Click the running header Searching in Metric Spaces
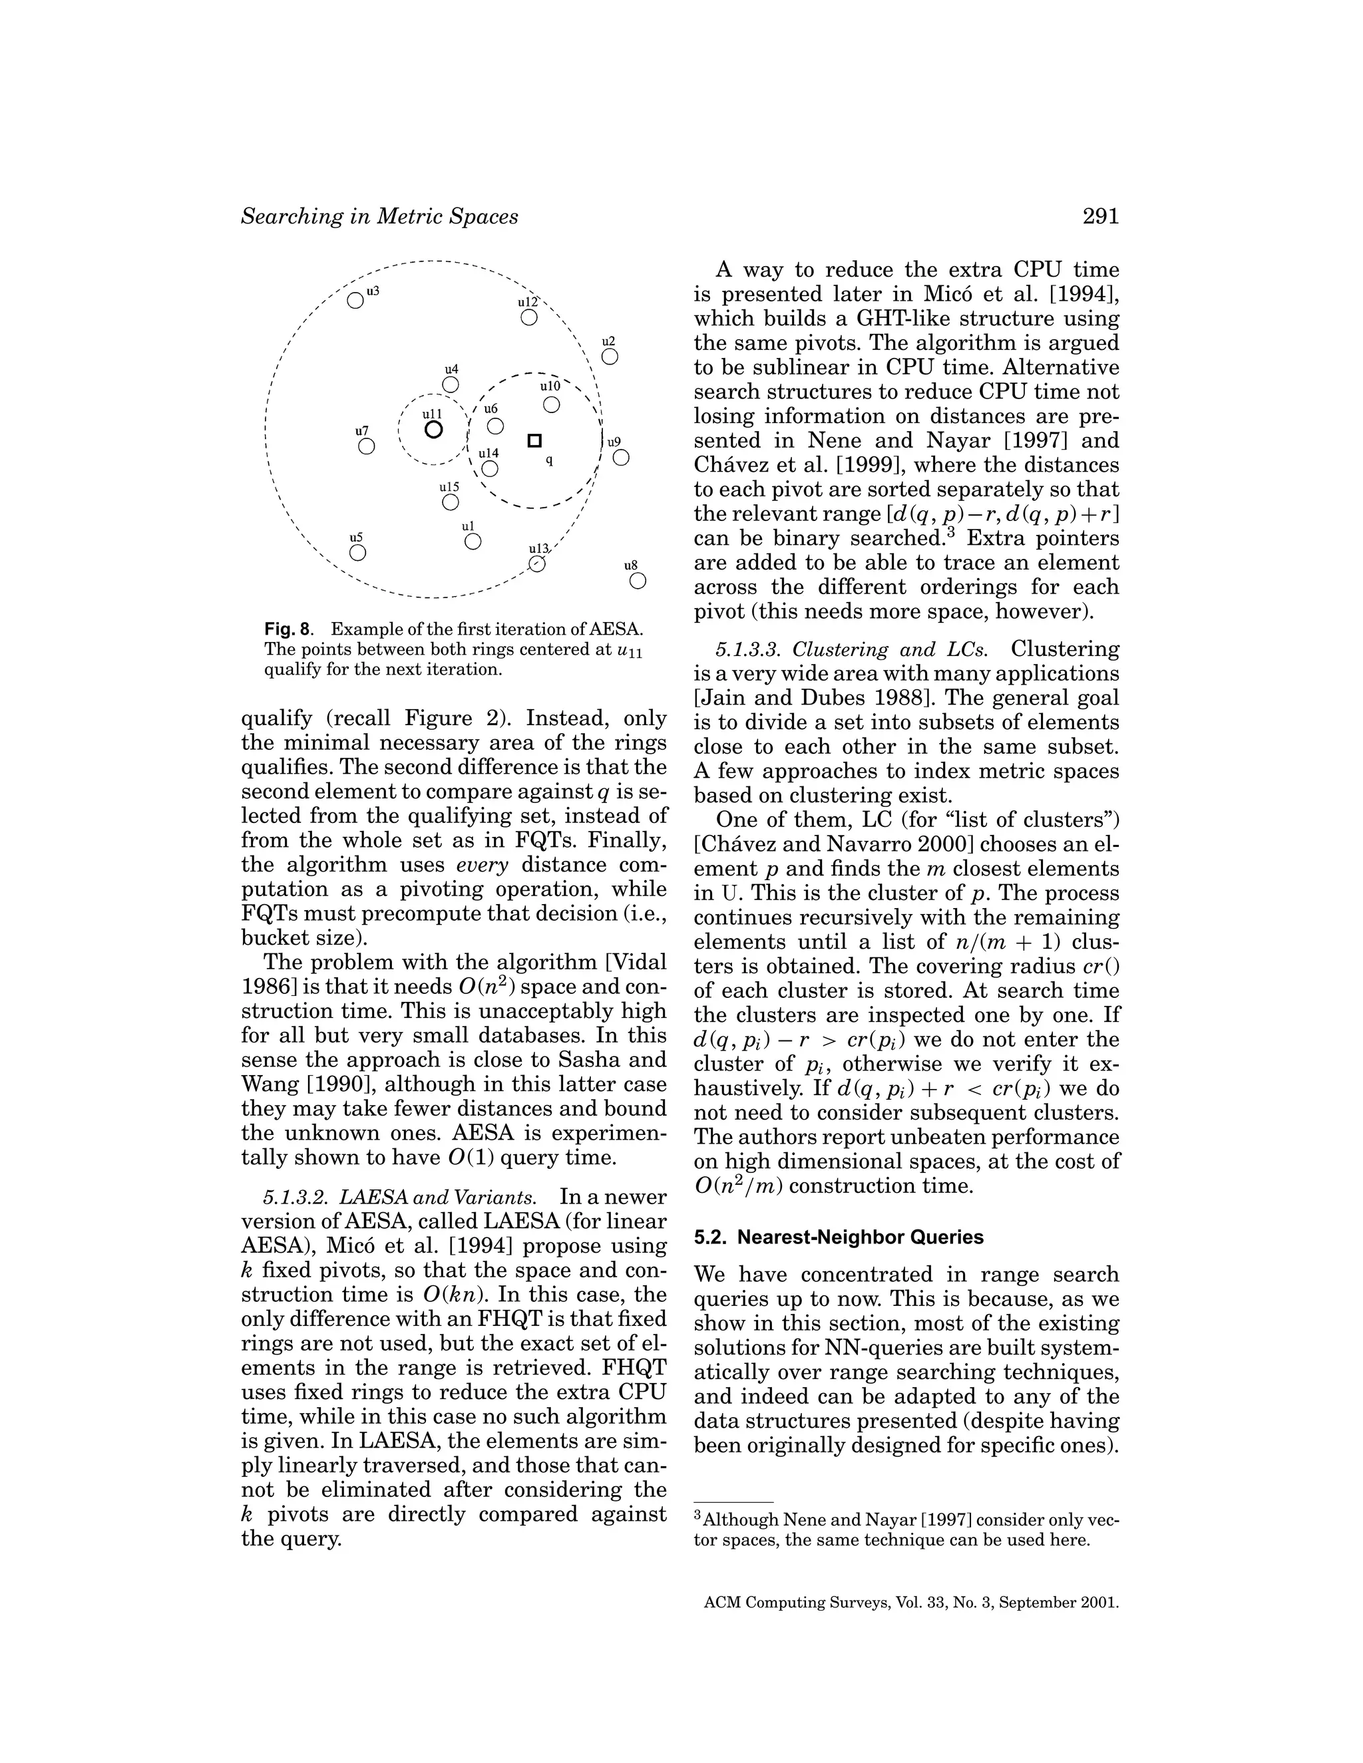coord(379,216)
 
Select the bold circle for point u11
coord(434,430)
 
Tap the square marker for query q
coord(534,440)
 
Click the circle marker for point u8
coord(637,580)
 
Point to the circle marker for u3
coord(355,300)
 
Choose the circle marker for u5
coord(357,553)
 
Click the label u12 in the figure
coord(527,302)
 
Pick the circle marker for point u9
coord(620,458)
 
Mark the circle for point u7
coord(367,446)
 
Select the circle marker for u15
coord(451,502)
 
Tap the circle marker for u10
coord(552,404)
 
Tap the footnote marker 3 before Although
coord(698,1517)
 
